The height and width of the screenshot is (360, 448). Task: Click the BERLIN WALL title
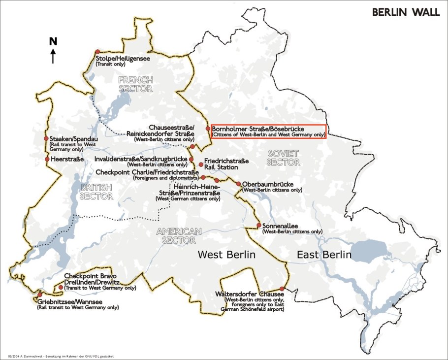(406, 12)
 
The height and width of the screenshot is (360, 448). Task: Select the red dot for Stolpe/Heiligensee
(97, 52)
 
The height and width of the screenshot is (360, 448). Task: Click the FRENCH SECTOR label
(135, 84)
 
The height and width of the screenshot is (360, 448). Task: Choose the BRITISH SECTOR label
(96, 192)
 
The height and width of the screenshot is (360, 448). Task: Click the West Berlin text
(226, 255)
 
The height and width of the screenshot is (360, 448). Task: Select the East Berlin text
(323, 255)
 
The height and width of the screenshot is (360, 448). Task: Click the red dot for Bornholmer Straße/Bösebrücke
(208, 129)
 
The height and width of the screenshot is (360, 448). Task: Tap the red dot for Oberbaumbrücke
(239, 184)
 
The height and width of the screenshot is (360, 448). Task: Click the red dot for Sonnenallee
(259, 226)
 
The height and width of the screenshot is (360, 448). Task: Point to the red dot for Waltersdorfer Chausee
(282, 289)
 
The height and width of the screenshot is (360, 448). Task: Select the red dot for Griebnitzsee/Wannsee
(40, 295)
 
